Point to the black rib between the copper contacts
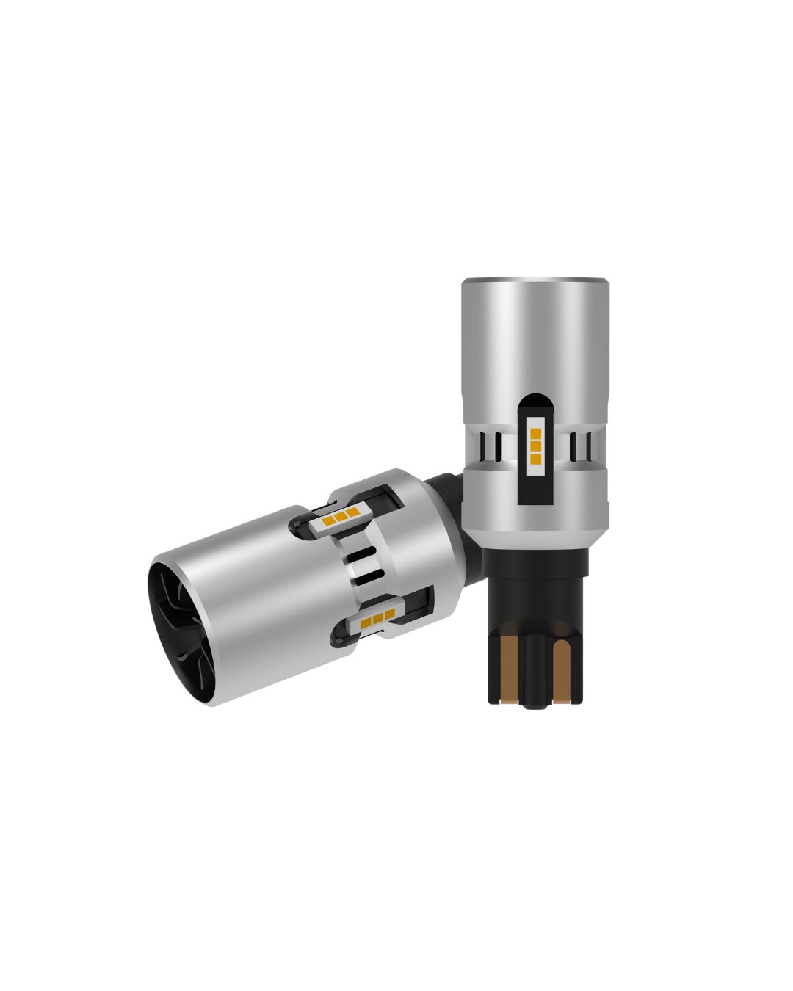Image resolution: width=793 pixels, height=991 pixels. click(537, 668)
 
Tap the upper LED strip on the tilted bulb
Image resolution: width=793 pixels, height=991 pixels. click(339, 518)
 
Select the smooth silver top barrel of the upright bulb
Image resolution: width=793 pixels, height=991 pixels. click(535, 338)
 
